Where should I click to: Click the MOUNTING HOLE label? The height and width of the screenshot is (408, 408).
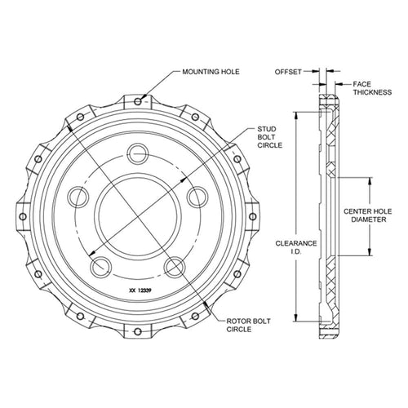[211, 72]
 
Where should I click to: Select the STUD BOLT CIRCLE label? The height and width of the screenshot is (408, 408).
[269, 137]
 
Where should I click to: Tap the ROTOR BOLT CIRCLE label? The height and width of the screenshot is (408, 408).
[249, 326]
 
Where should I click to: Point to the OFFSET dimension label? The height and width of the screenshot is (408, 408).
[288, 72]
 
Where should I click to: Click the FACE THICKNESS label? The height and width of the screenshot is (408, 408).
[372, 88]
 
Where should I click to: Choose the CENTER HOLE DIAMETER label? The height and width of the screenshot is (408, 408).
[368, 215]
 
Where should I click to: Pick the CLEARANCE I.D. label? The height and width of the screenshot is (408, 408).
[296, 247]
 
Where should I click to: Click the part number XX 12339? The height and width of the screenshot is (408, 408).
[140, 290]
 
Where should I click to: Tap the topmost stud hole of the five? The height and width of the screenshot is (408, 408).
[138, 154]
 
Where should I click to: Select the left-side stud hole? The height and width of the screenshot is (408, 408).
[78, 197]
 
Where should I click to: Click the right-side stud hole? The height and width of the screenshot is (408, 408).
[197, 197]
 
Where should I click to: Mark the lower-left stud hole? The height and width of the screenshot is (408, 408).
[101, 267]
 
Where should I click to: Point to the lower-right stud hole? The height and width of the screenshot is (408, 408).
[175, 267]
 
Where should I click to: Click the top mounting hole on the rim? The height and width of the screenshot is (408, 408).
[138, 102]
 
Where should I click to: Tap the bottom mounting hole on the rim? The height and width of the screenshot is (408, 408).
[138, 331]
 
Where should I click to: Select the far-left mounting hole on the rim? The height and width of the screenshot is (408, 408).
[23, 217]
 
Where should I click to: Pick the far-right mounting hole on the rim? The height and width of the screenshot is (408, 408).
[253, 217]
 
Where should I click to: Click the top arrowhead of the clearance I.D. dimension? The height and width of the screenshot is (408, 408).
[296, 115]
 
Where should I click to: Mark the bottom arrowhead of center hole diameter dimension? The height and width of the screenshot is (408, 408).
[370, 251]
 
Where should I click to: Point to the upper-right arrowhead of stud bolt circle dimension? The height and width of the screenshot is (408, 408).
[184, 180]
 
